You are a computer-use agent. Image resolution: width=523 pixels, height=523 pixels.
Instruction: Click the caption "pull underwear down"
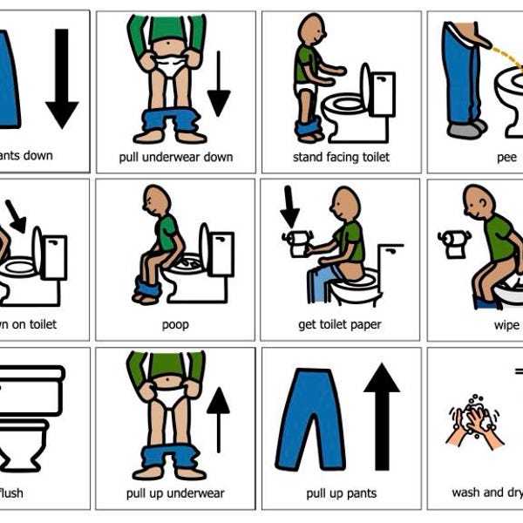(175, 157)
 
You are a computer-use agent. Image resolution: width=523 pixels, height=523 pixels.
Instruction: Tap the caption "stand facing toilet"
(341, 157)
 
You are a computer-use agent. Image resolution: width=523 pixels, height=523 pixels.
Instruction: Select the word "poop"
(175, 325)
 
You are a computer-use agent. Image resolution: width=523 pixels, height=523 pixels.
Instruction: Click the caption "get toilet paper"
(341, 325)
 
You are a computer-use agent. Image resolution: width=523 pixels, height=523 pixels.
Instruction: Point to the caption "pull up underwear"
(175, 493)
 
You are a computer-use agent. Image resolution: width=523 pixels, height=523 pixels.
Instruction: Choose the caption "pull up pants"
(341, 493)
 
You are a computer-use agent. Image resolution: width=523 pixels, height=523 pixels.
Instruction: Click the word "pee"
(506, 157)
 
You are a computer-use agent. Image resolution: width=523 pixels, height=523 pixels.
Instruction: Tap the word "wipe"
(507, 325)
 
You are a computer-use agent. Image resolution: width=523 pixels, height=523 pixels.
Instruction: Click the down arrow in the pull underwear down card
(218, 84)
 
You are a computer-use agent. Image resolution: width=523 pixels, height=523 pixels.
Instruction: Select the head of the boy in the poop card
(155, 198)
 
